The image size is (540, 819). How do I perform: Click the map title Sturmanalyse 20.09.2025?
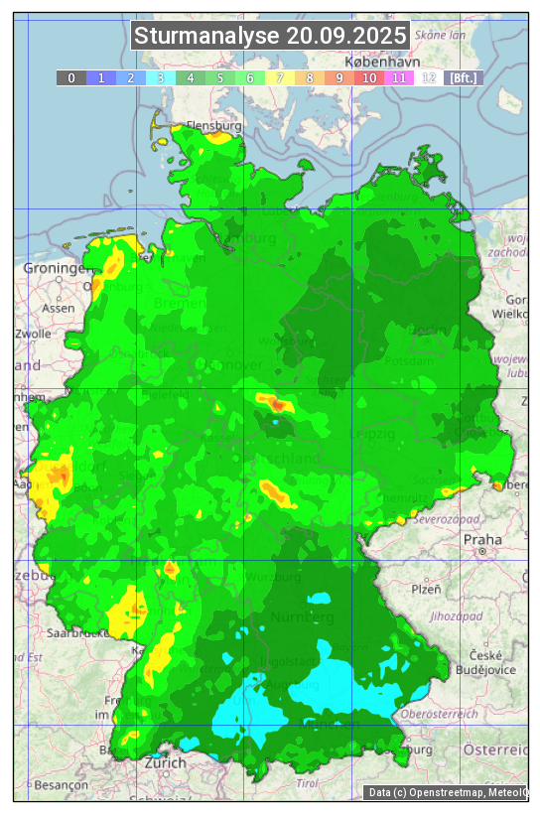pyautogui.click(x=270, y=37)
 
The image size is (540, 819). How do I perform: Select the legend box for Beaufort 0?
pyautogui.click(x=71, y=77)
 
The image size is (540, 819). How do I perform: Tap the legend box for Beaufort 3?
pyautogui.click(x=161, y=77)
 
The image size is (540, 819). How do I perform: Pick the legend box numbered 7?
pyautogui.click(x=280, y=77)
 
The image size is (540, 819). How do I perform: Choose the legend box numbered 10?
pyautogui.click(x=369, y=77)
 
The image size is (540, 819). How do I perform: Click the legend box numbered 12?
pyautogui.click(x=429, y=77)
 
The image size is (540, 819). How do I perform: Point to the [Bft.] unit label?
pyautogui.click(x=463, y=77)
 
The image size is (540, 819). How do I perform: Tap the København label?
pyautogui.click(x=384, y=146)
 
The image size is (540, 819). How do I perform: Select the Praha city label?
pyautogui.click(x=482, y=539)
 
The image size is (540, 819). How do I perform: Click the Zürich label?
pyautogui.click(x=165, y=762)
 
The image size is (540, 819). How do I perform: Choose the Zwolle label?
pyautogui.click(x=33, y=334)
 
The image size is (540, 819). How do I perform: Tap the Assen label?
pyautogui.click(x=59, y=308)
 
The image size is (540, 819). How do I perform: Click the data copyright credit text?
pyautogui.click(x=447, y=792)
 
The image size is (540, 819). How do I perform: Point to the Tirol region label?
pyautogui.click(x=307, y=783)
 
